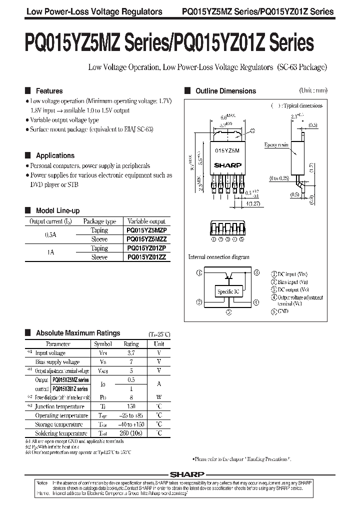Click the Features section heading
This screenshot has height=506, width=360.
click(49, 91)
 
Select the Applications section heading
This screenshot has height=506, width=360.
click(55, 155)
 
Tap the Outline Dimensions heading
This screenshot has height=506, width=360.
click(225, 91)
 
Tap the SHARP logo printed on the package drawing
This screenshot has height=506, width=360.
click(227, 164)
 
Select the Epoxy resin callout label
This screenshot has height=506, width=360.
click(276, 145)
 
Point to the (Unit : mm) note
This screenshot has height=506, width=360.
click(313, 90)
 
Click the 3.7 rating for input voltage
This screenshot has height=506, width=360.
click(131, 353)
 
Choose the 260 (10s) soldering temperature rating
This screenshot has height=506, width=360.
click(131, 433)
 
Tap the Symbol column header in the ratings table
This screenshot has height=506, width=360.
click(103, 344)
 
